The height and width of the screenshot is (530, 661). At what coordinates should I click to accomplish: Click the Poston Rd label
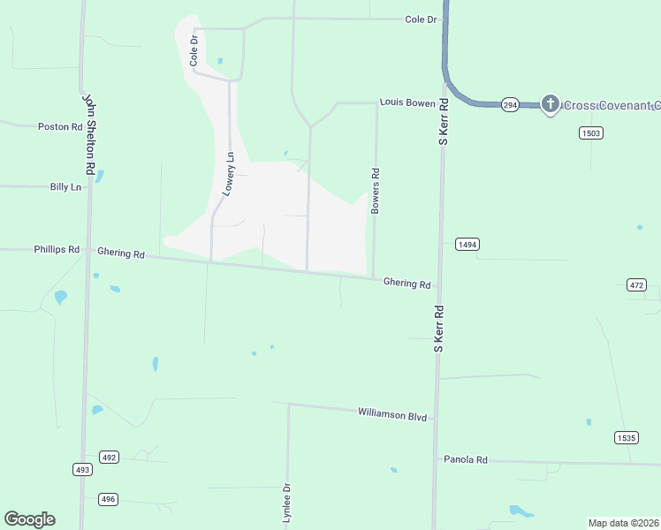pyautogui.click(x=60, y=127)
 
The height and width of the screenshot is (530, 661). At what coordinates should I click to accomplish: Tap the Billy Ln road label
pyautogui.click(x=65, y=187)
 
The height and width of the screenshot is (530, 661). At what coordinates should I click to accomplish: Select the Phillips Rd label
pyautogui.click(x=57, y=250)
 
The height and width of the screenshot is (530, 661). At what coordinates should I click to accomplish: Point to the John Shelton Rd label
pyautogui.click(x=88, y=133)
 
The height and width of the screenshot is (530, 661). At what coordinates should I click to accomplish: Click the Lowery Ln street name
pyautogui.click(x=228, y=174)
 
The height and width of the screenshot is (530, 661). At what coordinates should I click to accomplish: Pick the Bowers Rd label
pyautogui.click(x=376, y=191)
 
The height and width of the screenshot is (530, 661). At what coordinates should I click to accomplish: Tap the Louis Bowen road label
pyautogui.click(x=407, y=103)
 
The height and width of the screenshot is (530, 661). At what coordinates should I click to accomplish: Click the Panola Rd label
pyautogui.click(x=466, y=460)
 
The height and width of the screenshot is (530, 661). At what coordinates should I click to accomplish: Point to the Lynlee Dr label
pyautogui.click(x=286, y=503)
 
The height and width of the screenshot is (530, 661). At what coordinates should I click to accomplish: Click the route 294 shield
pyautogui.click(x=510, y=104)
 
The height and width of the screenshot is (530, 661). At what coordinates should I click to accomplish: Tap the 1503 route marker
pyautogui.click(x=591, y=132)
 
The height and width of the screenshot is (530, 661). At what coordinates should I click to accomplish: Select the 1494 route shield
pyautogui.click(x=467, y=244)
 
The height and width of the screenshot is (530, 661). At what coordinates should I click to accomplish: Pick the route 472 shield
pyautogui.click(x=636, y=284)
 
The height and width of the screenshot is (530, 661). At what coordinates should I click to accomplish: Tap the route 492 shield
pyautogui.click(x=109, y=457)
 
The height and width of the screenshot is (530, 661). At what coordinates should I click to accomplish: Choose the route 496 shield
pyautogui.click(x=108, y=499)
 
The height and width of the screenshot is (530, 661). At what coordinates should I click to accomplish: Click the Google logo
pyautogui.click(x=29, y=519)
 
